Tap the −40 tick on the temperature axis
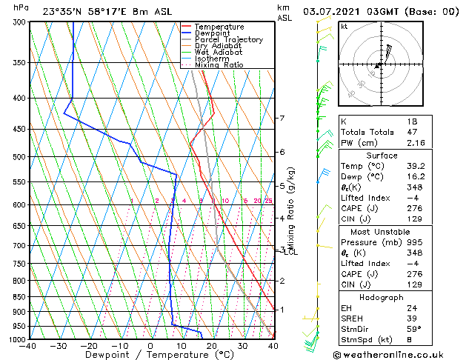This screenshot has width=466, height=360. [29, 346]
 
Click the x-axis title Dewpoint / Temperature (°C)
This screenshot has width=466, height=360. [150, 356]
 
